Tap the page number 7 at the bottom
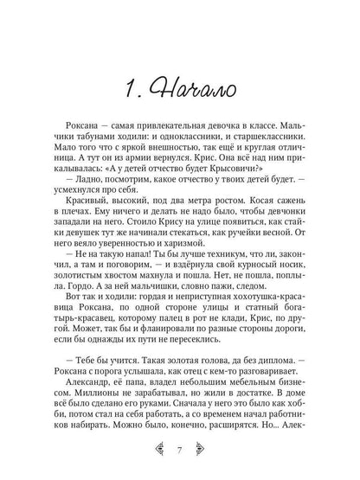(x=180, y=448)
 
